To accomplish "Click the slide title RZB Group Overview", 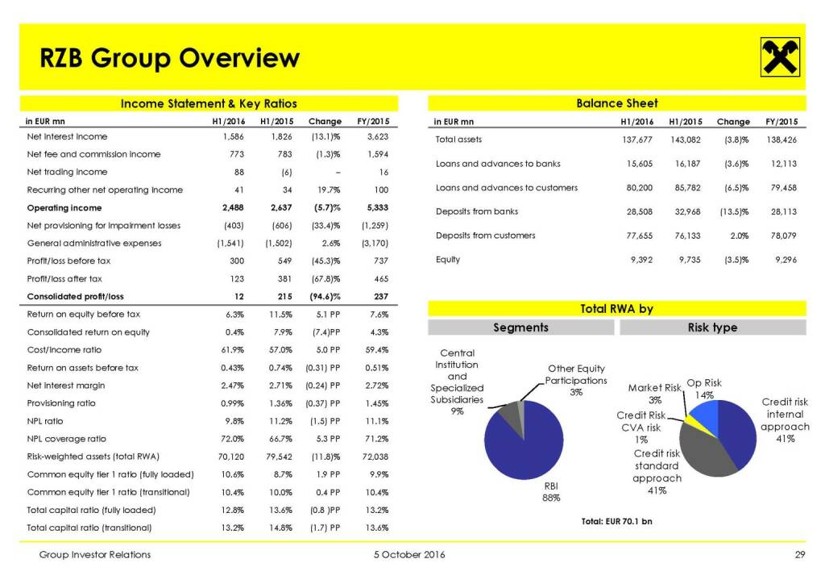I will (170, 58).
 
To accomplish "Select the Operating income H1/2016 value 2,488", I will (231, 207).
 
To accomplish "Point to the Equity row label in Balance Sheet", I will (448, 260).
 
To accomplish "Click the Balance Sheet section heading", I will (617, 103).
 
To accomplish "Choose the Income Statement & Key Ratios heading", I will (209, 103).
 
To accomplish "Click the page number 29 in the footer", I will (798, 555).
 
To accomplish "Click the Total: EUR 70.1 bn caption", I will (616, 521).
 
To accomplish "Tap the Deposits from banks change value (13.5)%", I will (733, 212).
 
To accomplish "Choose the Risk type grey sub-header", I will (712, 327).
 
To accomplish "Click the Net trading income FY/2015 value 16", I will (383, 172).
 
